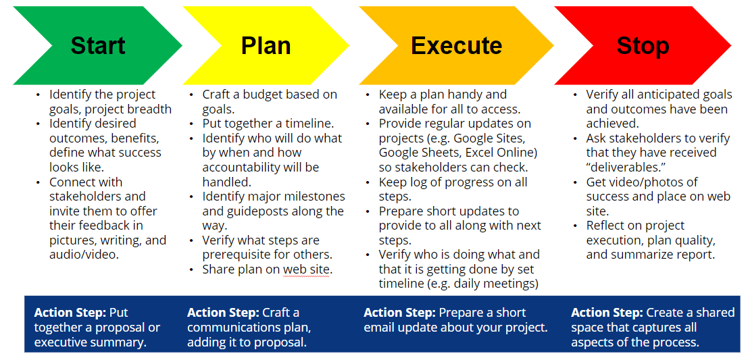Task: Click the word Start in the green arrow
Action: pos(98,46)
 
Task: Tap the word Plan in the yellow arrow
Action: pos(266,46)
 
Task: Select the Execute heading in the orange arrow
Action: pos(456,46)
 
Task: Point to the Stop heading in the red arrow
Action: pos(643,46)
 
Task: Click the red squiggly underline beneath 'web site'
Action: pos(306,276)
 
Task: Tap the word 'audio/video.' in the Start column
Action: pos(84,255)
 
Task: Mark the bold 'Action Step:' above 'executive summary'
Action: pos(70,313)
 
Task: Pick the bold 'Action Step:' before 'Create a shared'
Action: pos(607,313)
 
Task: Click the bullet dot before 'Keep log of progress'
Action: pos(368,183)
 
